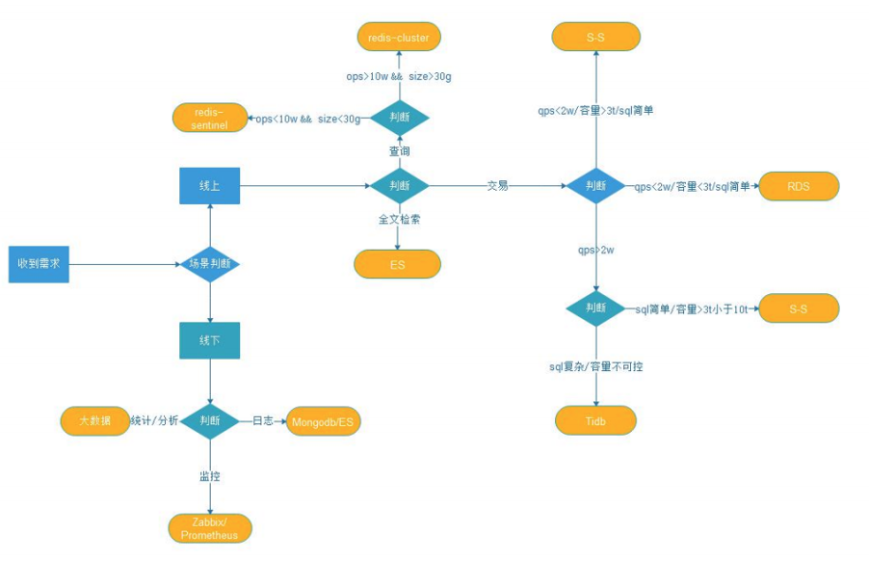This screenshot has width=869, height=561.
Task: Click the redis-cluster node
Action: pos(398,38)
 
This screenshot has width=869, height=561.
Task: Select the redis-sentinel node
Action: pos(209,119)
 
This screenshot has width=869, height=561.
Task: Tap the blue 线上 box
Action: pos(209,185)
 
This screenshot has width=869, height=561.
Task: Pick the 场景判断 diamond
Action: pos(209,264)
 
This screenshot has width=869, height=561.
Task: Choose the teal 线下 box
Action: pos(209,340)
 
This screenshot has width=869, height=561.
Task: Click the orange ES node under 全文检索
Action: pos(397,264)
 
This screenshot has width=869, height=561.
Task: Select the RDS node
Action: pos(799,186)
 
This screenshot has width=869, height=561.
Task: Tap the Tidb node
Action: pos(595,420)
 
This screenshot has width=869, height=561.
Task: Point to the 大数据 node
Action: pos(94,420)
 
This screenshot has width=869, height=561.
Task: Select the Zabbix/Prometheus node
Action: pos(209,528)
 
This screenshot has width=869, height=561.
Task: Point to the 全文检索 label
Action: pos(399,220)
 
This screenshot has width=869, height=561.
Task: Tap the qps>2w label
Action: pos(597,250)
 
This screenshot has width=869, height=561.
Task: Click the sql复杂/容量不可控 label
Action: pos(595,367)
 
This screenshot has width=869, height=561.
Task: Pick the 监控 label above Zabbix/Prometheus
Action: pos(209,475)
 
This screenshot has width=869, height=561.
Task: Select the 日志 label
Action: pos(262,420)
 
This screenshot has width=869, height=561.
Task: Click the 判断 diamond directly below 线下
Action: pos(209,420)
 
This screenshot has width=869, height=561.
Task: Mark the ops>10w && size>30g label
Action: pos(399,75)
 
